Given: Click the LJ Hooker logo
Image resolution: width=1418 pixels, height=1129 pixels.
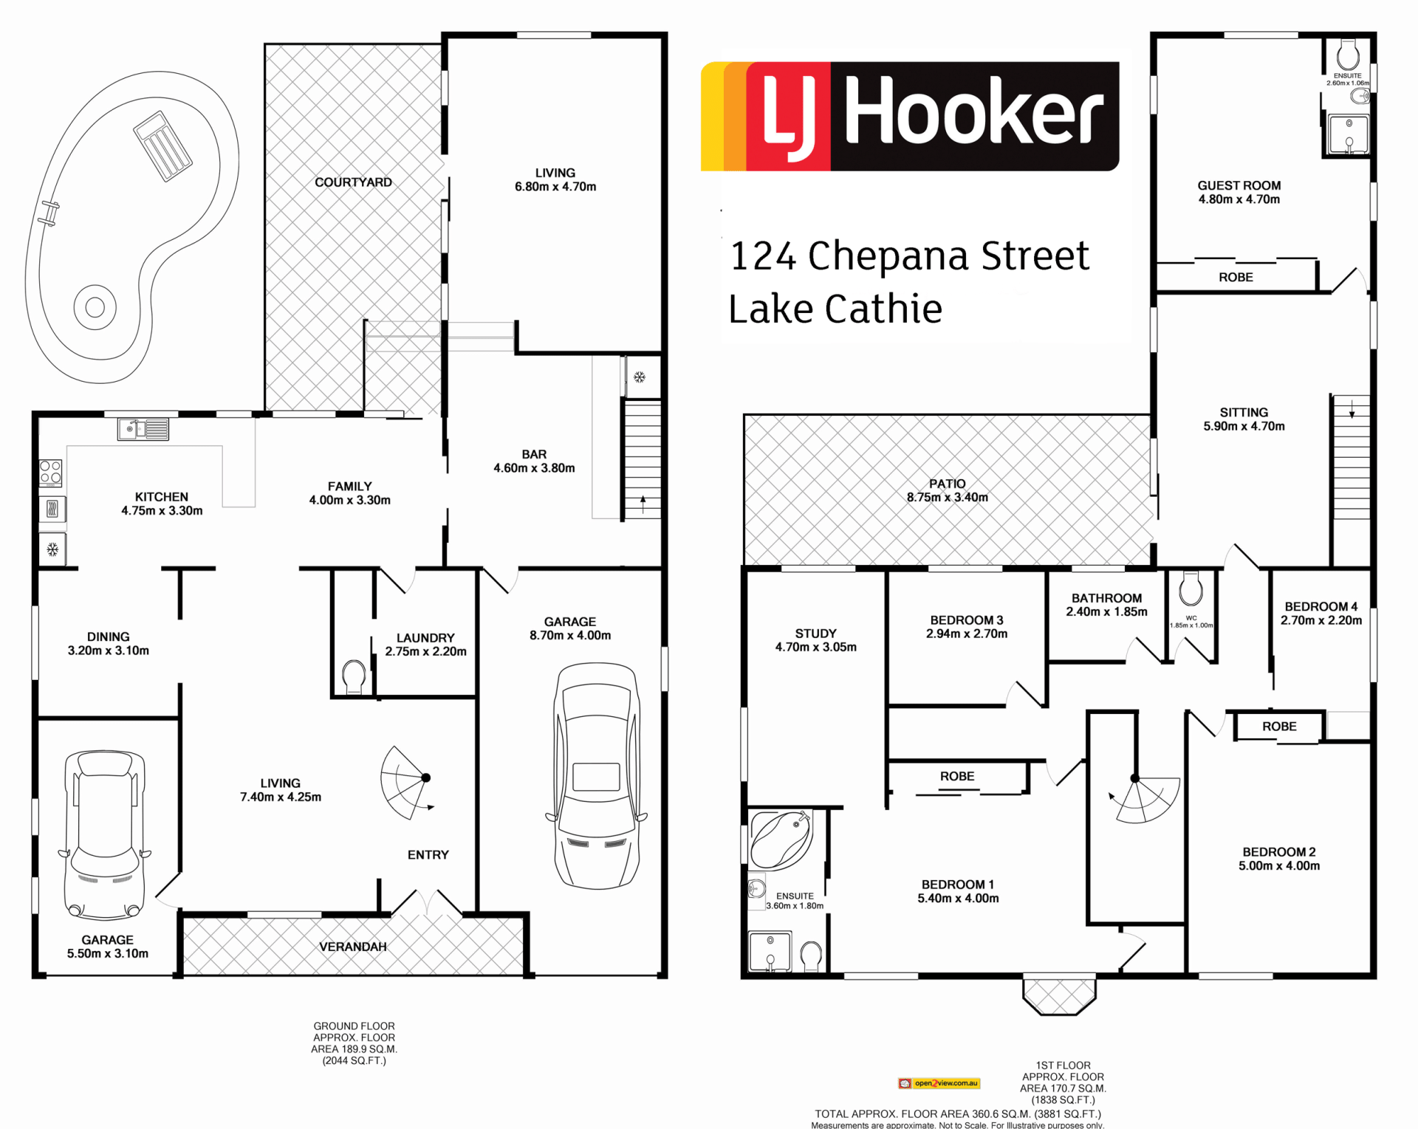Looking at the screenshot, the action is point(910,117).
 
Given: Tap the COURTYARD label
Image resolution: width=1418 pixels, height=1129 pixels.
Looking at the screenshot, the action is point(353,182).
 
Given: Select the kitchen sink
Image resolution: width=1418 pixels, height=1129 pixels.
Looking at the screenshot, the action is point(143,429).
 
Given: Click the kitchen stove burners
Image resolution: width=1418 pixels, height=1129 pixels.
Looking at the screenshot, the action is point(51,473).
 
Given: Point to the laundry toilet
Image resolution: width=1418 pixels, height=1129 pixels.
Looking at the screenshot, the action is point(354,677).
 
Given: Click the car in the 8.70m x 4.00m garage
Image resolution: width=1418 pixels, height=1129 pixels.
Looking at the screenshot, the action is point(597,775).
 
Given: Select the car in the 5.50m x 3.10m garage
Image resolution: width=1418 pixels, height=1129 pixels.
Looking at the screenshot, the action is point(105,834).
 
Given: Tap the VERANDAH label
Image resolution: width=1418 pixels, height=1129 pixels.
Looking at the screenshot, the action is point(353,947).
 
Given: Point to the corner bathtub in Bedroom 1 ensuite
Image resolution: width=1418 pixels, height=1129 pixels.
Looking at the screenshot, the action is point(781,840).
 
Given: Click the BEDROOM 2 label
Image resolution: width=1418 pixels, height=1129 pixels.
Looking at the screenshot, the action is point(1279,852).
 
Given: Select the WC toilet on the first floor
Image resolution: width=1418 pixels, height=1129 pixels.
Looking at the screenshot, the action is point(1191,589).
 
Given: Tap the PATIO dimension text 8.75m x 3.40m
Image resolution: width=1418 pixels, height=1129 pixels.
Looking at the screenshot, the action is point(948,498).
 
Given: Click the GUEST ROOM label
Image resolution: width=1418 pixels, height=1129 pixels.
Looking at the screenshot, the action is point(1239,186).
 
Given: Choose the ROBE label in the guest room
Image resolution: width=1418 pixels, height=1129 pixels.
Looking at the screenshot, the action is point(1236,278).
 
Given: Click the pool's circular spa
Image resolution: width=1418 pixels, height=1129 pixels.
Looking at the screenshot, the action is point(95,306).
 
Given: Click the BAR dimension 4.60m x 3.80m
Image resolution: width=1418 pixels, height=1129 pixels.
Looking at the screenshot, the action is point(534,468).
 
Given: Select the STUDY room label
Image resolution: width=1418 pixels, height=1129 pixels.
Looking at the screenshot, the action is point(816,634).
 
